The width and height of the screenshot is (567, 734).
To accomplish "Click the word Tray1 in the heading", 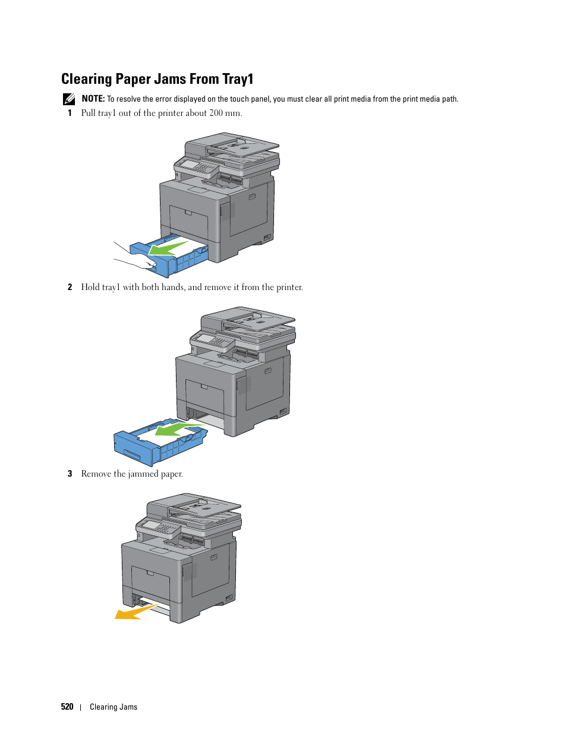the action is [237, 79].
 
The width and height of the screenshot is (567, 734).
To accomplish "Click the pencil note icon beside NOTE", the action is [69, 99].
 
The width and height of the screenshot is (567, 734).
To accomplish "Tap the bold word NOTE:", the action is [93, 99].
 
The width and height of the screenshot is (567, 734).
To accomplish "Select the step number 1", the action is [70, 113].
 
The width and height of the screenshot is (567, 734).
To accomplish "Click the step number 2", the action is [70, 287].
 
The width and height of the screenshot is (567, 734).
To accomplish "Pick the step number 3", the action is [70, 474].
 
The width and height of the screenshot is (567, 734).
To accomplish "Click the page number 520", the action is [67, 706].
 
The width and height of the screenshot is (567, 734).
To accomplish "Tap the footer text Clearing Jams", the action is [114, 707].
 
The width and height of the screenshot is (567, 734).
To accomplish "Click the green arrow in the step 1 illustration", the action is [168, 248].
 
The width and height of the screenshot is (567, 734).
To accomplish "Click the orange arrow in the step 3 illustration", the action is [136, 612].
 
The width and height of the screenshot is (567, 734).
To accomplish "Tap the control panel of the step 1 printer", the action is [196, 168].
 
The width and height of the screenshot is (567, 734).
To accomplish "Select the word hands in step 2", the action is [173, 287].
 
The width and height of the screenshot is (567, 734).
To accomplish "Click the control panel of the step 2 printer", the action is [212, 342].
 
